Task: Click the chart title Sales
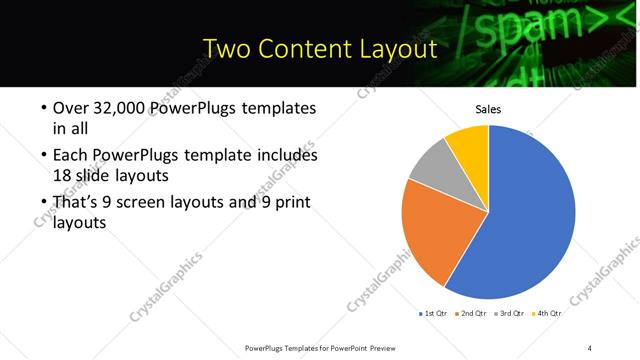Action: [488, 109]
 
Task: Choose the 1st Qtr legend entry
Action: [433, 313]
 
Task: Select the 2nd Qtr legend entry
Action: [472, 313]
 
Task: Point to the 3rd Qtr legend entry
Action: [510, 313]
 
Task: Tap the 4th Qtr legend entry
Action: [548, 313]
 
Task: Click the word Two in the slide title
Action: [227, 47]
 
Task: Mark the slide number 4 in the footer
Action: [590, 347]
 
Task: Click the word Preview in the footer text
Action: [385, 347]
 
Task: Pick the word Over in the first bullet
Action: [69, 108]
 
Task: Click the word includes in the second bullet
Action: [286, 155]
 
